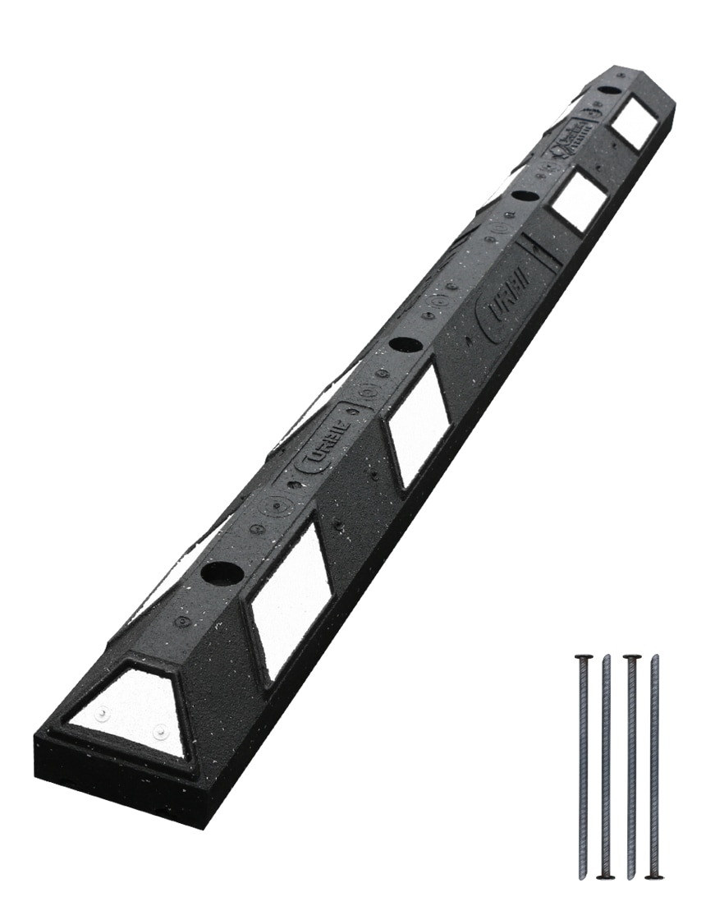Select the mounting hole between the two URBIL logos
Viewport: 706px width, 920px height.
click(404, 344)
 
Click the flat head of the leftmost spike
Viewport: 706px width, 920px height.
click(584, 656)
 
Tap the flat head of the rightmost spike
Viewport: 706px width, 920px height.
click(654, 877)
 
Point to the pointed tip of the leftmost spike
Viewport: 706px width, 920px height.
click(584, 876)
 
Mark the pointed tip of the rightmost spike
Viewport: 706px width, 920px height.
click(654, 656)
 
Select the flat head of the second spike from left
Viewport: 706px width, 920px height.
click(606, 877)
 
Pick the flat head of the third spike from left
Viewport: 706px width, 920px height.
click(631, 656)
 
